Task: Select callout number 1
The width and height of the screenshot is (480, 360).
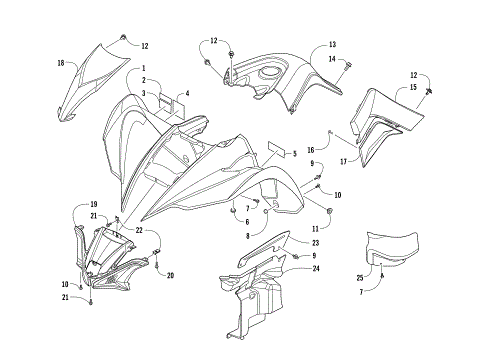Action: (x=143, y=68)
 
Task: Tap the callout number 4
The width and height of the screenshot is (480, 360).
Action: (x=186, y=93)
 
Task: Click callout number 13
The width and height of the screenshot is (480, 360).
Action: (x=332, y=45)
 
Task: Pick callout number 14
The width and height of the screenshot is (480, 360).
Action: (x=332, y=60)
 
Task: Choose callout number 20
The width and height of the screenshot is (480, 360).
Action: (x=170, y=275)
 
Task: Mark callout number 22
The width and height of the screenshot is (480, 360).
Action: (x=139, y=231)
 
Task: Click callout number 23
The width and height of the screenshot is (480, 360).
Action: (x=315, y=243)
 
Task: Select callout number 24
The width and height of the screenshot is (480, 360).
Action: (x=315, y=268)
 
